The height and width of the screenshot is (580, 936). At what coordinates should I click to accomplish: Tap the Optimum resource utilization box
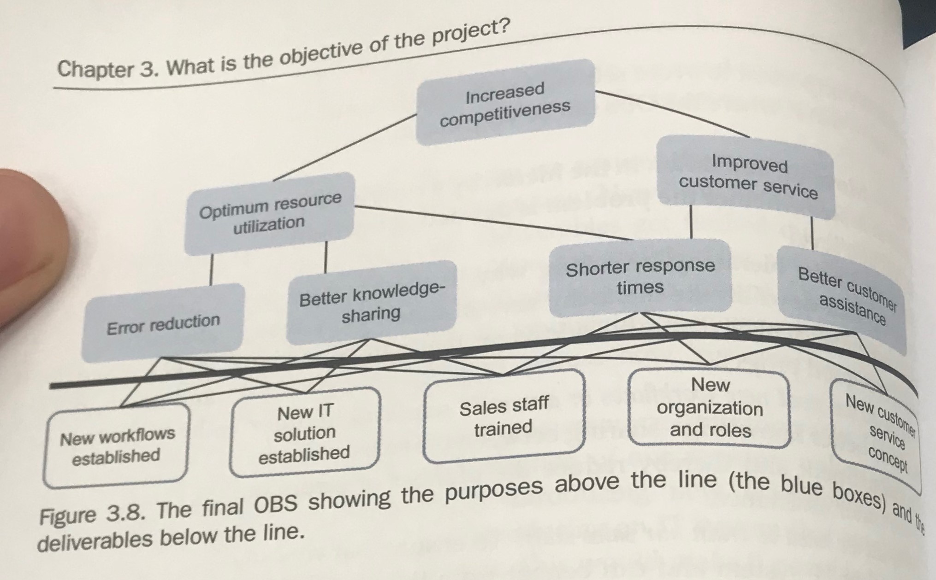point(270,213)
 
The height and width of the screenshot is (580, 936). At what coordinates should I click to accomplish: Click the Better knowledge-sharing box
point(372,302)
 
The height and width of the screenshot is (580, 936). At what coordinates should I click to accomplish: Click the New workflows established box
point(117,445)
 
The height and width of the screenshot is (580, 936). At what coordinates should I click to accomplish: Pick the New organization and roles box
point(710,408)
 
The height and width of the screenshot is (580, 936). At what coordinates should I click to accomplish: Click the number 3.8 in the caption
point(123,513)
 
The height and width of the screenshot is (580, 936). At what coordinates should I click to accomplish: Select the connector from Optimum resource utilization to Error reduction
point(212,269)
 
